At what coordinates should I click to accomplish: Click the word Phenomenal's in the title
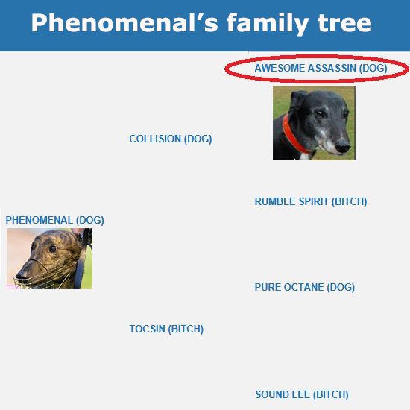124,23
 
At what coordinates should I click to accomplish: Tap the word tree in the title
344,23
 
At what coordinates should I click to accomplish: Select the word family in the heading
268,24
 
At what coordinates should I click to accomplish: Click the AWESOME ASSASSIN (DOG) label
321,68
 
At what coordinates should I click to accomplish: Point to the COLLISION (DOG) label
171,139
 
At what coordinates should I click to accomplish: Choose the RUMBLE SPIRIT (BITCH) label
311,201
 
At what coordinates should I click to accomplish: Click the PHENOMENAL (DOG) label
55,220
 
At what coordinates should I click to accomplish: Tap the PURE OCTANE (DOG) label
305,287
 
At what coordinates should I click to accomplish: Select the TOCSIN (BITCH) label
166,329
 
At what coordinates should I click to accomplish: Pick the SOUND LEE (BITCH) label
302,394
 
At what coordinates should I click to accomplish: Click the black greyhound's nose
343,145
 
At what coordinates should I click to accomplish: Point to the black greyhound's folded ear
298,100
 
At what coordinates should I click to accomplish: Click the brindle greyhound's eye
53,249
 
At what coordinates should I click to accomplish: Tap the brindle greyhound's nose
21,275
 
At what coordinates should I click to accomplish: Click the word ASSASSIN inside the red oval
332,68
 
